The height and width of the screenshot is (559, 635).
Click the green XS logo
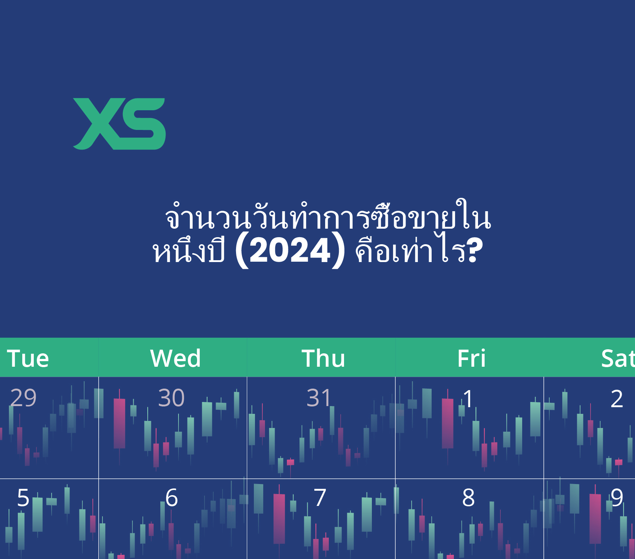pos(120,124)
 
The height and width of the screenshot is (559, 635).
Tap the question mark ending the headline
pos(475,250)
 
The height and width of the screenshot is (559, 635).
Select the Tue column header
pos(28,359)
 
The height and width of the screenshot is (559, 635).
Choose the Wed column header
pos(176,359)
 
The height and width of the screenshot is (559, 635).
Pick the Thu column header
pos(323,359)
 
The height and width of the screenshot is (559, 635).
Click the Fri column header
pos(471,359)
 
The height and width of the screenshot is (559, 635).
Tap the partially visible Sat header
pos(618,359)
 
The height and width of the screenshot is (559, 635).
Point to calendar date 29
pos(23,398)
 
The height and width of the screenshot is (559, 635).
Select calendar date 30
pos(171,398)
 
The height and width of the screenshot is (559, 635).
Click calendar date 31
pos(319,398)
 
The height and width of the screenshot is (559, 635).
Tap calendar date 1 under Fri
pos(468,399)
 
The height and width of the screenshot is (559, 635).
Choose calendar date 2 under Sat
pos(617,399)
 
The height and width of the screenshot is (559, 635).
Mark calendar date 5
pos(23,497)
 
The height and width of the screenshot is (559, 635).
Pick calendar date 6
pos(171,497)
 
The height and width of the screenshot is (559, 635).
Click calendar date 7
pos(320,497)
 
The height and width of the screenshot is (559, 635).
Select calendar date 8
pos(468,497)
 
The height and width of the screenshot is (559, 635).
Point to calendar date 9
pos(617,497)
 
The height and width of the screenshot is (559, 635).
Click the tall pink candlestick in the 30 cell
pos(120,424)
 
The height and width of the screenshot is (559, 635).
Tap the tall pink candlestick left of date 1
pos(448,424)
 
